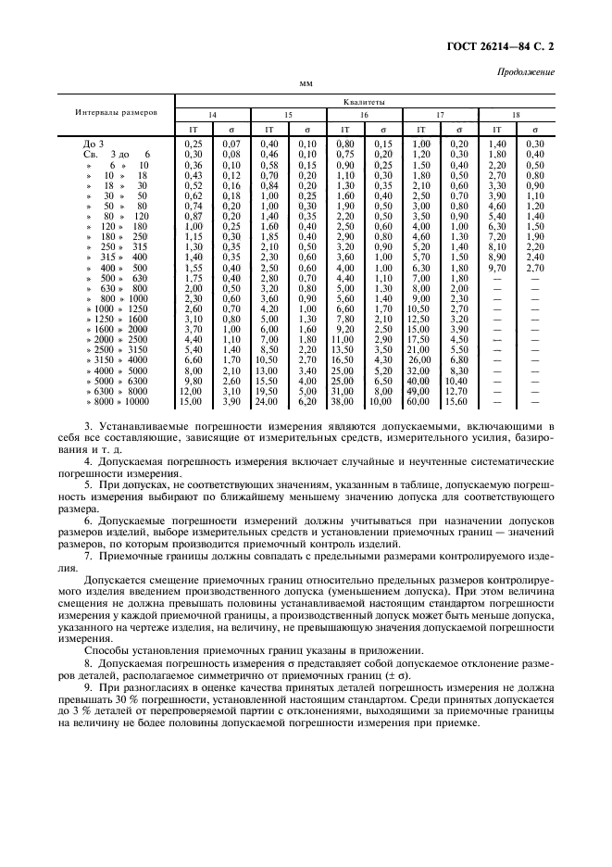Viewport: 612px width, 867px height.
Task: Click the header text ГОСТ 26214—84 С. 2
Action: click(508, 44)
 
